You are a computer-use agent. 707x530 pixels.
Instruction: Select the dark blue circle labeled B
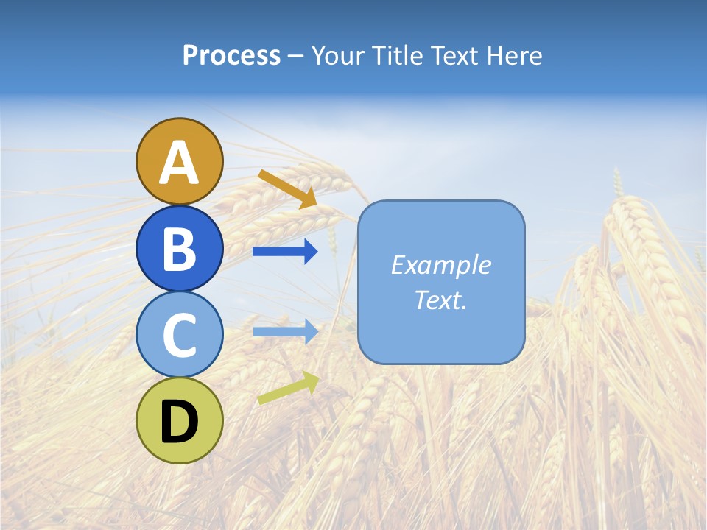179,248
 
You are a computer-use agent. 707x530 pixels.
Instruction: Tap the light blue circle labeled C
179,335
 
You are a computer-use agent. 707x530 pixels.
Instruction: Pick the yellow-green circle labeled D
179,420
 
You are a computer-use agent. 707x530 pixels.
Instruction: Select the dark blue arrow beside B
285,252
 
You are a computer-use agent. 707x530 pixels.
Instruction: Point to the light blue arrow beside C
285,331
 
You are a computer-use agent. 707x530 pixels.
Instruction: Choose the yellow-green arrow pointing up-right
288,388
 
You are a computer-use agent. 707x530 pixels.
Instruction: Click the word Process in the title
231,56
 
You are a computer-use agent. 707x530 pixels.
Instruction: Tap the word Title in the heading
399,56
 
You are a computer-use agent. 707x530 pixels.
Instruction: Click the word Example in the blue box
440,265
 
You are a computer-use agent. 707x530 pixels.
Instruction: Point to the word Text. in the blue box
440,300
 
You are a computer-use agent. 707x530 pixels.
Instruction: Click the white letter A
179,163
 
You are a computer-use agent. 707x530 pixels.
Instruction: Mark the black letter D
179,422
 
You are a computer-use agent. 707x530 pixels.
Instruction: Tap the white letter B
179,250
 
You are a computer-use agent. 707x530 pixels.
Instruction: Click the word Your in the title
339,56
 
